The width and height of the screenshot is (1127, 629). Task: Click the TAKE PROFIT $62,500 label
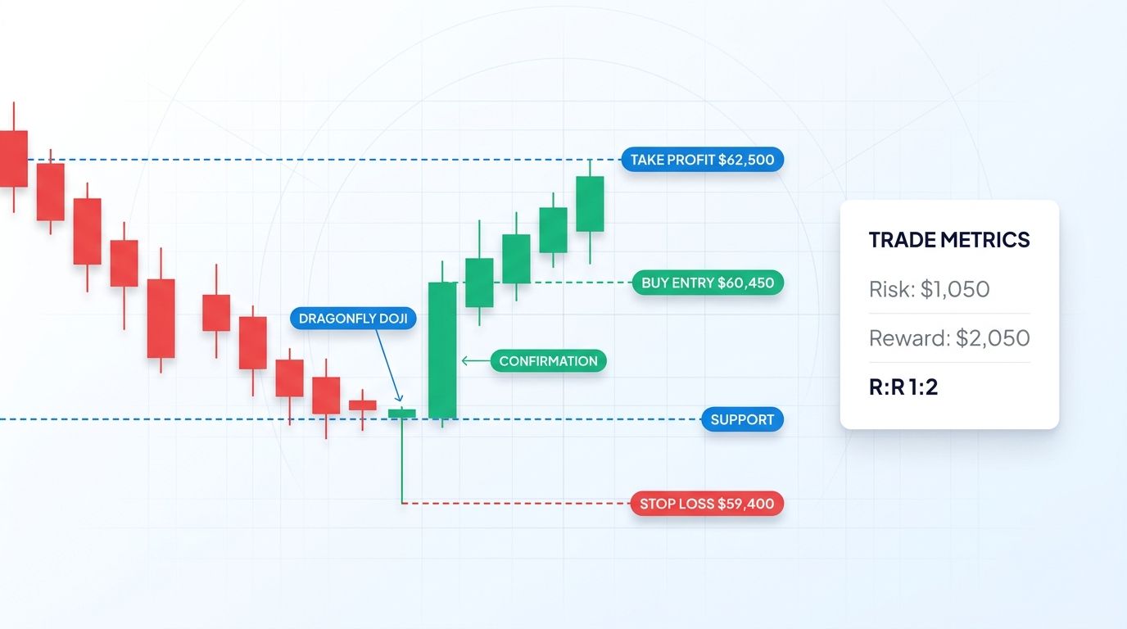click(x=702, y=160)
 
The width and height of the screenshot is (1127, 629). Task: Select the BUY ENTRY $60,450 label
click(x=708, y=283)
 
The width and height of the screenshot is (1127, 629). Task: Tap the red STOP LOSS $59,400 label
click(x=706, y=504)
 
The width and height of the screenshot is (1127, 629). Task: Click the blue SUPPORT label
click(x=742, y=419)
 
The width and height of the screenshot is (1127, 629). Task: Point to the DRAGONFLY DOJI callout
click(x=353, y=319)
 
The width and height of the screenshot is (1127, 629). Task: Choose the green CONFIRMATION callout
click(x=548, y=361)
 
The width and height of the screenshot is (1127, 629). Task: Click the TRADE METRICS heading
click(x=948, y=240)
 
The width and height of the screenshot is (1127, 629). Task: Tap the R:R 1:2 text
click(x=903, y=387)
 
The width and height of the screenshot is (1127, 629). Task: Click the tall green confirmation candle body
click(x=442, y=351)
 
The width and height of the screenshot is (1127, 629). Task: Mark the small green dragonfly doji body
click(x=402, y=414)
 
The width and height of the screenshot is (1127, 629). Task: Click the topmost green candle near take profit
click(x=590, y=204)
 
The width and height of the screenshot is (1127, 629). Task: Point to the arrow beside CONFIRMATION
click(x=473, y=360)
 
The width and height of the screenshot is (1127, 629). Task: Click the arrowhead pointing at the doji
click(x=398, y=399)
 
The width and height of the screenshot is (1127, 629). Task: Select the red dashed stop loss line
click(x=516, y=503)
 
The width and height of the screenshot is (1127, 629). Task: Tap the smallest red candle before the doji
click(x=362, y=405)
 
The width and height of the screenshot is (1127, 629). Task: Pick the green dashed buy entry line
click(x=573, y=283)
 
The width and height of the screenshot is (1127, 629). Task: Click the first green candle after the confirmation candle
click(x=479, y=283)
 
